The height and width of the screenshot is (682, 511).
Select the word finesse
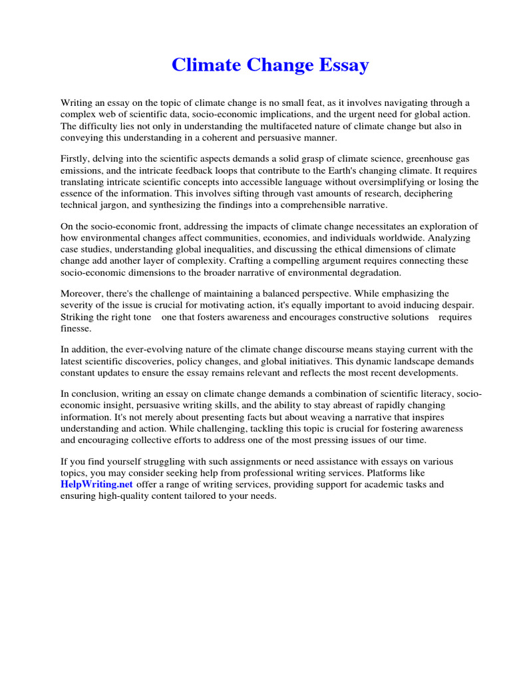click(x=76, y=328)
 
